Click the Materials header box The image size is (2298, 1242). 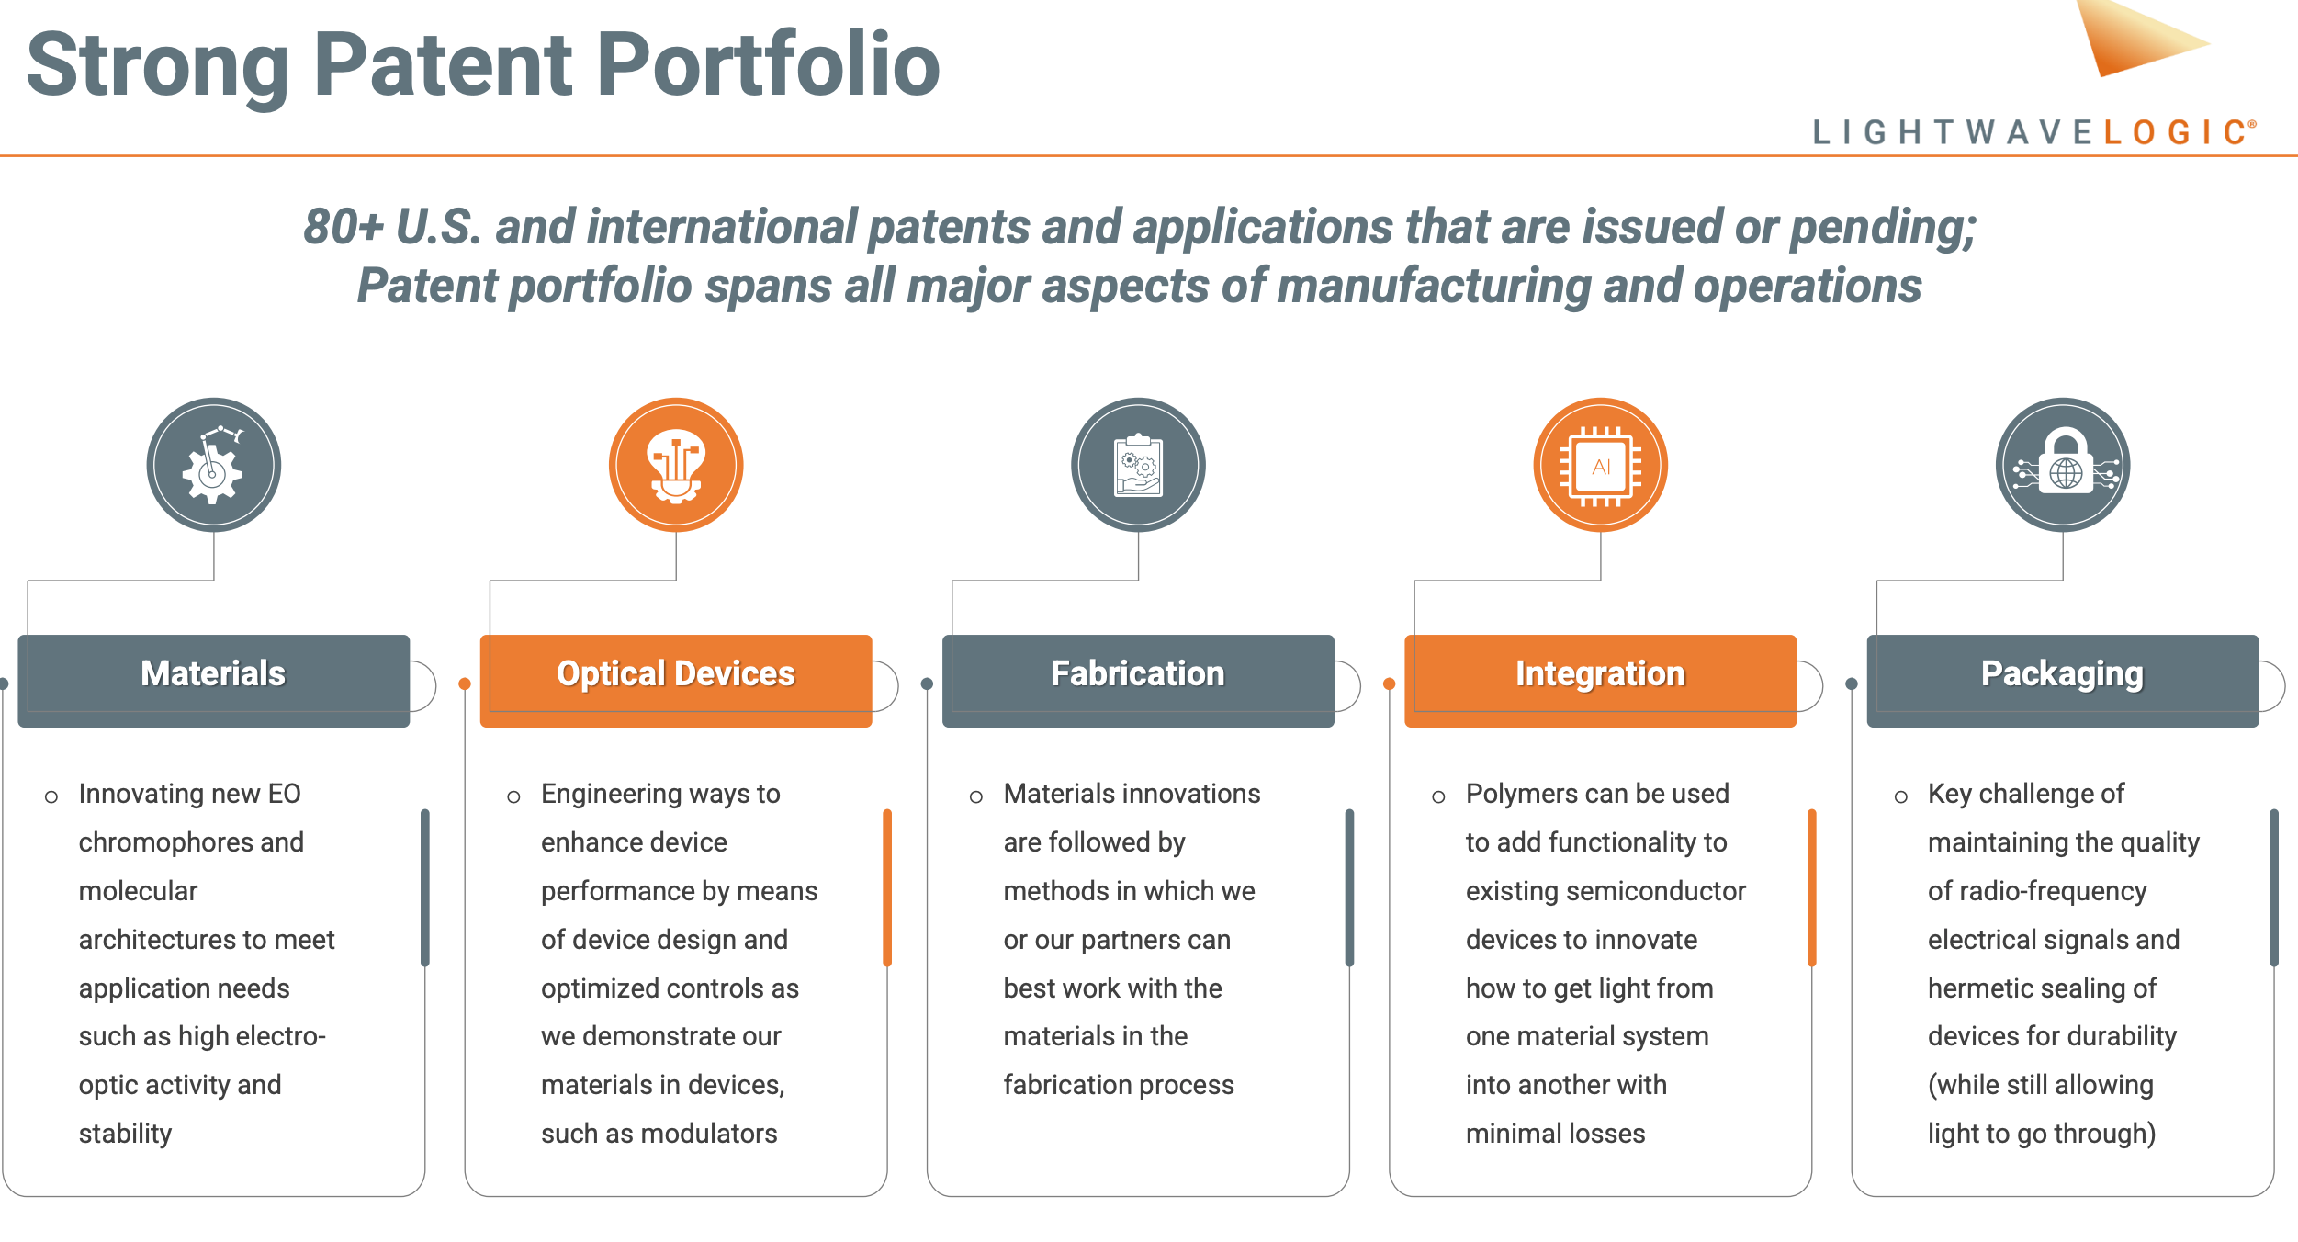coord(213,679)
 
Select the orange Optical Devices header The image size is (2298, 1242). coord(675,679)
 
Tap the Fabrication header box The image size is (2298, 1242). coord(1137,679)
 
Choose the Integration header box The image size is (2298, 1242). coord(1600,679)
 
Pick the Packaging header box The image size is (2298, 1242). coord(2062,679)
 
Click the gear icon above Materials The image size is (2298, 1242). coord(213,465)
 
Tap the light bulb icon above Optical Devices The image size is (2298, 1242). coord(676,465)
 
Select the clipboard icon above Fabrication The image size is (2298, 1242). coord(1138,465)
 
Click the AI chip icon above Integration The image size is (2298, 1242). coord(1600,465)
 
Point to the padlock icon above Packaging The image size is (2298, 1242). coord(2063,465)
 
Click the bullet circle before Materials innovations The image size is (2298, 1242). coord(976,796)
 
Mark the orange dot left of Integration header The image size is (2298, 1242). coord(1390,683)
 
